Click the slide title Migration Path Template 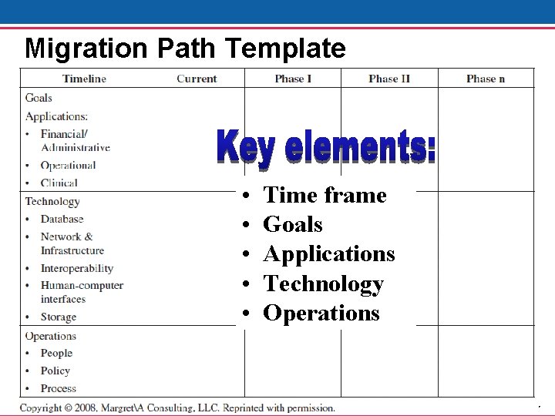click(185, 49)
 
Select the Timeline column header click(84, 79)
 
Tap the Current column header click(197, 79)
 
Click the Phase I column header click(293, 79)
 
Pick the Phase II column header click(389, 79)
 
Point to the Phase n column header click(486, 79)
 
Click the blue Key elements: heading click(325, 147)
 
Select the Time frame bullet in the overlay click(325, 196)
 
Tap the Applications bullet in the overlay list click(329, 254)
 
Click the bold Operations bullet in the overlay click(321, 314)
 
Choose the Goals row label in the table click(39, 98)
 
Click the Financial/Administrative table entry click(75, 140)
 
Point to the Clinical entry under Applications click(59, 183)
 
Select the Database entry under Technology click(62, 220)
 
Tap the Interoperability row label click(76, 268)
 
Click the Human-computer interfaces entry click(81, 292)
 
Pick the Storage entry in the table click(58, 317)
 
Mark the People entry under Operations click(56, 353)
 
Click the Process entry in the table click(58, 388)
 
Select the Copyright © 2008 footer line click(177, 408)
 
